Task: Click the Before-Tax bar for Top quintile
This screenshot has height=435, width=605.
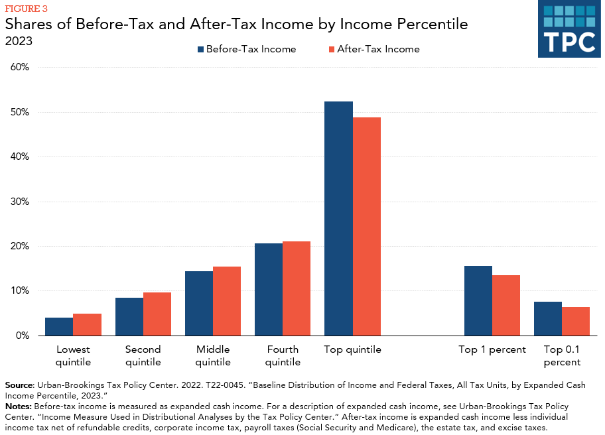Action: (x=338, y=219)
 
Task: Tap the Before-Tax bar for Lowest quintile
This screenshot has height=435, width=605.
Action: (x=59, y=327)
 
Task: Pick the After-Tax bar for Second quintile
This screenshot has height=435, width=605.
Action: (x=157, y=314)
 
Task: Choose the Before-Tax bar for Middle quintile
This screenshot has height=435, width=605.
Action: (x=199, y=304)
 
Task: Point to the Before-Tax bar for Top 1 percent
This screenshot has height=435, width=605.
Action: (x=478, y=301)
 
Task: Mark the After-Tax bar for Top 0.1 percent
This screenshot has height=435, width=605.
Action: (x=576, y=322)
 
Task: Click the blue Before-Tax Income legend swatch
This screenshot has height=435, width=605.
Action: (x=200, y=49)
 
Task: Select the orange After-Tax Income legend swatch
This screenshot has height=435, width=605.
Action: (x=331, y=49)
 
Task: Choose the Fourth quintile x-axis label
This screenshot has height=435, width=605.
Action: (x=283, y=355)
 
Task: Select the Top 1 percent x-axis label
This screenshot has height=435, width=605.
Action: (x=492, y=349)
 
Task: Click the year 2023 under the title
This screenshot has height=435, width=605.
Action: (x=19, y=41)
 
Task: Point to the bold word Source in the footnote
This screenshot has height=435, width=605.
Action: (x=19, y=385)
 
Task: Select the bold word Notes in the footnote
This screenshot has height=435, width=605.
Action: (x=18, y=405)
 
